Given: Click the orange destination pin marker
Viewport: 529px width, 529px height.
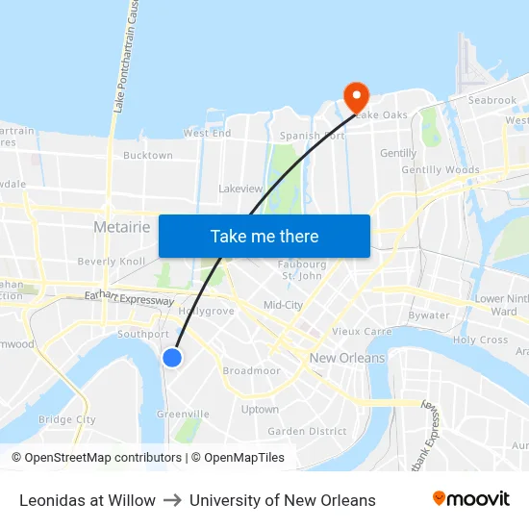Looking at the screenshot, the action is [356, 95].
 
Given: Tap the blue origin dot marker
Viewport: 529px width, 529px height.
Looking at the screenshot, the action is [172, 358].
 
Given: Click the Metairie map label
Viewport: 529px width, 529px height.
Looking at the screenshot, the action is [122, 227].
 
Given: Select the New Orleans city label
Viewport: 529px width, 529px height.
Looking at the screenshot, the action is [347, 358].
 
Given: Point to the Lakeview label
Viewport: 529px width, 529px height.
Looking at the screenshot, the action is [240, 189].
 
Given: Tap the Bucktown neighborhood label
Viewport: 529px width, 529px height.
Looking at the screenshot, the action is [148, 155].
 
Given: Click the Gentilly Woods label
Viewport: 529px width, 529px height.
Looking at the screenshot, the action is [441, 169].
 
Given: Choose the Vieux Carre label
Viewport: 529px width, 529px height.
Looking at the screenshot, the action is [359, 331].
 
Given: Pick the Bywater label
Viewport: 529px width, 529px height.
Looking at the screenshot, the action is [429, 315].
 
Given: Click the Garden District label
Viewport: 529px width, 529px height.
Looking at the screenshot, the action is [306, 432].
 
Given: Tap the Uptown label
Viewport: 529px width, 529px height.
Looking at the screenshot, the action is [260, 409].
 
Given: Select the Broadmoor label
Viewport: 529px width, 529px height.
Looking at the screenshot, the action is [251, 370].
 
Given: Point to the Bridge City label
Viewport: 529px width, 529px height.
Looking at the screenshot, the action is [67, 419].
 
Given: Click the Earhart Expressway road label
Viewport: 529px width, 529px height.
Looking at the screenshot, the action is [130, 299].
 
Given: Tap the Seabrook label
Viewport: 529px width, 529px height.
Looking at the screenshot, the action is [492, 100].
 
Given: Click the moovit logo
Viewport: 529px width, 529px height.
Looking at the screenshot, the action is [470, 499].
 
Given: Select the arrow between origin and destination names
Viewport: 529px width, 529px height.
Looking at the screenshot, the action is [172, 500].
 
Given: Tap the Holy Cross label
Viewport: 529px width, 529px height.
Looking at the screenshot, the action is [480, 340].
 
